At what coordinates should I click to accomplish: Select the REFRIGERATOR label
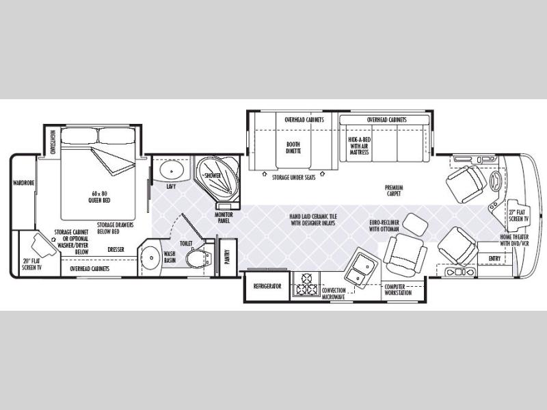click(x=268, y=285)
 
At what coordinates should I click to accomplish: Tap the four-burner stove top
click(x=304, y=285)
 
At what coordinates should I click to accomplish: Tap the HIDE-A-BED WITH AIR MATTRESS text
click(x=359, y=145)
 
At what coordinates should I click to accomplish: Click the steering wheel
click(x=495, y=183)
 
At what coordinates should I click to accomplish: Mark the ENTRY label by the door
click(x=494, y=258)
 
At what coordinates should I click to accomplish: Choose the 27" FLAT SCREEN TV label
click(x=517, y=215)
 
